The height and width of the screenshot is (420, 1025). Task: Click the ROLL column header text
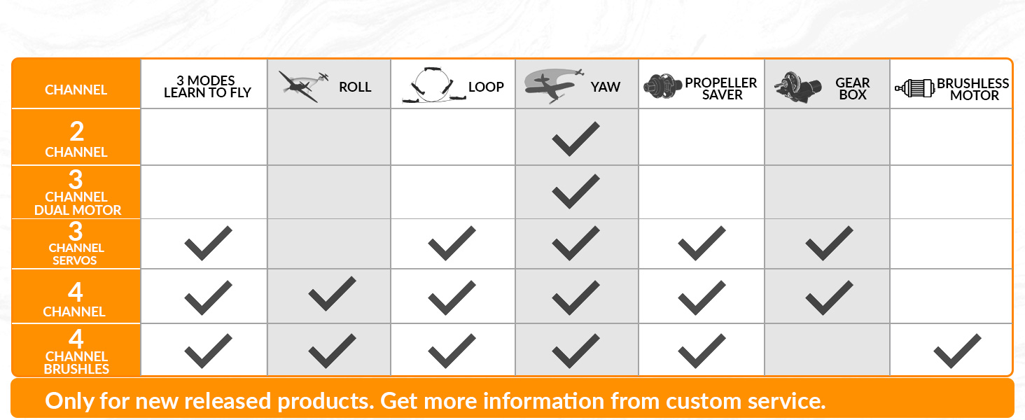tap(355, 87)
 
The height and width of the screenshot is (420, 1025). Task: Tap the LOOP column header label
tap(486, 87)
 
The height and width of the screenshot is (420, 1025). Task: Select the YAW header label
tap(606, 87)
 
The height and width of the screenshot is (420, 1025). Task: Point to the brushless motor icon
tap(914, 87)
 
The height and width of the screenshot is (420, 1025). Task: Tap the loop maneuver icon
tap(433, 85)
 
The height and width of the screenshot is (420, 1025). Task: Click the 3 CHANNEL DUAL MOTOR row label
tap(77, 192)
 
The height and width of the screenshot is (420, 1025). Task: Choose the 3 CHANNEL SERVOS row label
tap(76, 244)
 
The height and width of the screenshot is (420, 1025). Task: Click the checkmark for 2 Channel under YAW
tap(576, 139)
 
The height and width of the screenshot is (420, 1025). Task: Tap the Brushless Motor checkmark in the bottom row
tap(957, 351)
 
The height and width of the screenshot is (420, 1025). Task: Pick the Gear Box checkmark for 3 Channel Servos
tap(829, 243)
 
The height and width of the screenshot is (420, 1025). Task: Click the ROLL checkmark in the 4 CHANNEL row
tap(332, 294)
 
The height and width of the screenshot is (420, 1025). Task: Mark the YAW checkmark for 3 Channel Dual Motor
tap(576, 191)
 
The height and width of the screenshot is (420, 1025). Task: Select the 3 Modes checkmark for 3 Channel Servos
tap(208, 243)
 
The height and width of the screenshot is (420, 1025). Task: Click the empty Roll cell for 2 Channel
tap(329, 137)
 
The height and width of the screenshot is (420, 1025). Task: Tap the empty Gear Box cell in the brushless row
tap(827, 350)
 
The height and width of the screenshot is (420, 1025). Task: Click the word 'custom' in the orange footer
tap(704, 401)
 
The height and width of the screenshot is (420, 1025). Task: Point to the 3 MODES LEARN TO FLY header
tap(207, 87)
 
